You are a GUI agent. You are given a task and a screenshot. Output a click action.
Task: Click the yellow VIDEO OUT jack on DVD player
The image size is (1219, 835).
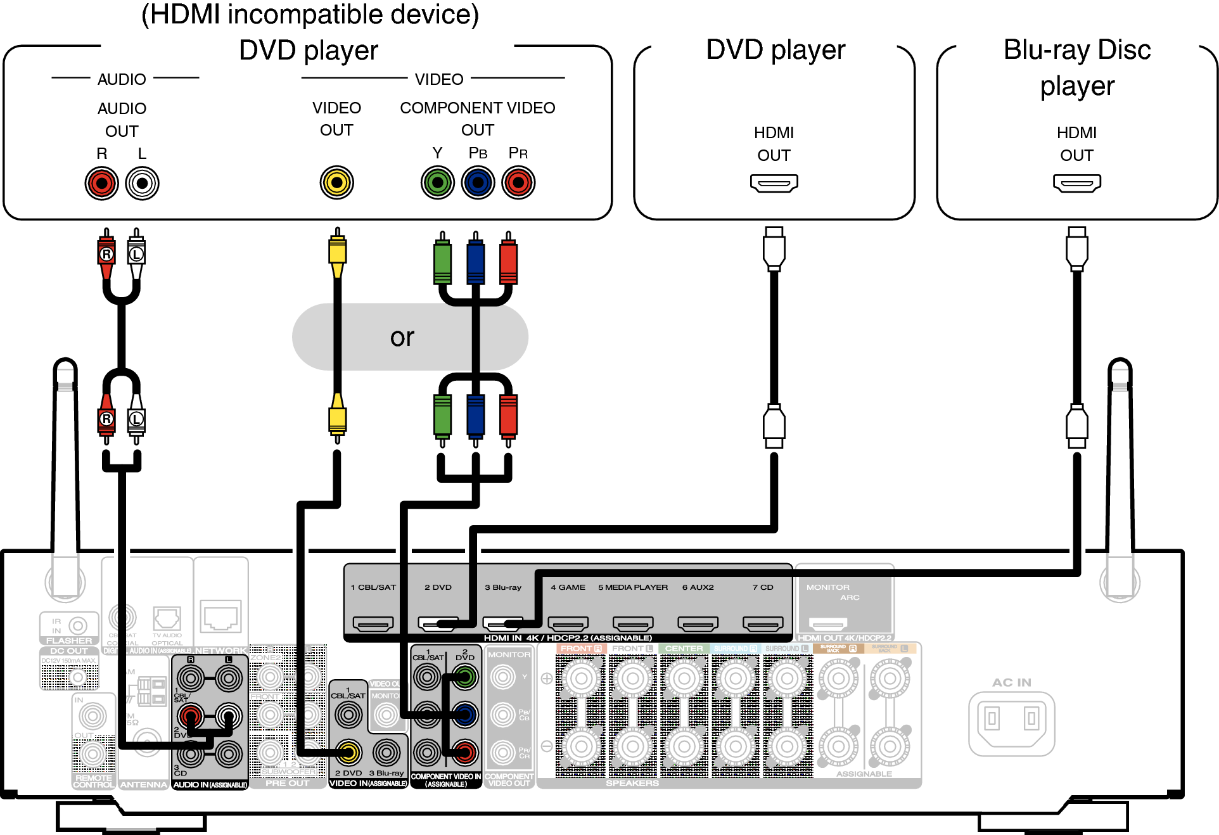tap(336, 183)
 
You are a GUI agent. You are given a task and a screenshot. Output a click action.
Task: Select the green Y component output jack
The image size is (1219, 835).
tap(437, 183)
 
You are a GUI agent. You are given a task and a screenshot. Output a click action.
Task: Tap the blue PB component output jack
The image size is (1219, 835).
tap(478, 183)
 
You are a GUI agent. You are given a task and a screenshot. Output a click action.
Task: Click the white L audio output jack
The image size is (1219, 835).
tap(142, 184)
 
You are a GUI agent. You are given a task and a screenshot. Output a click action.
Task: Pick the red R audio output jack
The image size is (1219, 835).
tap(102, 184)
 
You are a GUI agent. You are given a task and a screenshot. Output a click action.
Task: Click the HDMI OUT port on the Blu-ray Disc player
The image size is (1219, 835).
tap(1076, 183)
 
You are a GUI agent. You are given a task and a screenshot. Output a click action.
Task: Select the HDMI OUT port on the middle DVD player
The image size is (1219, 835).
tap(774, 183)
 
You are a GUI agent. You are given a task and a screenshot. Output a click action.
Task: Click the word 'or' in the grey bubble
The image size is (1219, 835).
tap(402, 337)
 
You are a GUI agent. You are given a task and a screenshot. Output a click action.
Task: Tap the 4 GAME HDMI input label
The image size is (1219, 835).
tap(568, 587)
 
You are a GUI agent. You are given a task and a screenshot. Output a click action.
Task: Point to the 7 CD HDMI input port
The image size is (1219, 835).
tap(763, 624)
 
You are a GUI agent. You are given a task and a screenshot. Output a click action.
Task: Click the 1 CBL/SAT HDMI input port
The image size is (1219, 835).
tap(373, 624)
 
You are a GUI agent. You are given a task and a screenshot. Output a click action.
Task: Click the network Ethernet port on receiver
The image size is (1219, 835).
tap(220, 615)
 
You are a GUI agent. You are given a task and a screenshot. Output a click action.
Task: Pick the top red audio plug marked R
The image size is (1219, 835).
tap(106, 254)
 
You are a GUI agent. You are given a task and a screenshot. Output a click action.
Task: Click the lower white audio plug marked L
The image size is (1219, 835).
tap(136, 419)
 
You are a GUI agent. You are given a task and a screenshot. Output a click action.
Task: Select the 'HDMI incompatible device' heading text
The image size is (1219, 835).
tap(310, 15)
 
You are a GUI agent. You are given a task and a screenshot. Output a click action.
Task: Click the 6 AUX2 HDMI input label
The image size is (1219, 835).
tap(698, 587)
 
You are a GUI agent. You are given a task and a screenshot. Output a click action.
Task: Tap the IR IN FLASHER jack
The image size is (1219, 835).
tap(77, 626)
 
